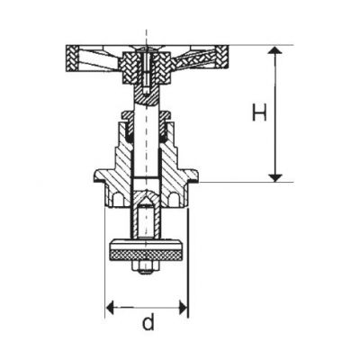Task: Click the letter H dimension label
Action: pos(259,112)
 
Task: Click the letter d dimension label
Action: pos(148,322)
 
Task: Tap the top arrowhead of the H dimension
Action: pos(274,49)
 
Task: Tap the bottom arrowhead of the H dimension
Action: pos(274,177)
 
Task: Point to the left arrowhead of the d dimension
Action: pos(111,307)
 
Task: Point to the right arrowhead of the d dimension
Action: pos(183,307)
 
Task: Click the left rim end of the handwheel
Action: pos(72,58)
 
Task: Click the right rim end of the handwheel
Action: pos(222,58)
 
